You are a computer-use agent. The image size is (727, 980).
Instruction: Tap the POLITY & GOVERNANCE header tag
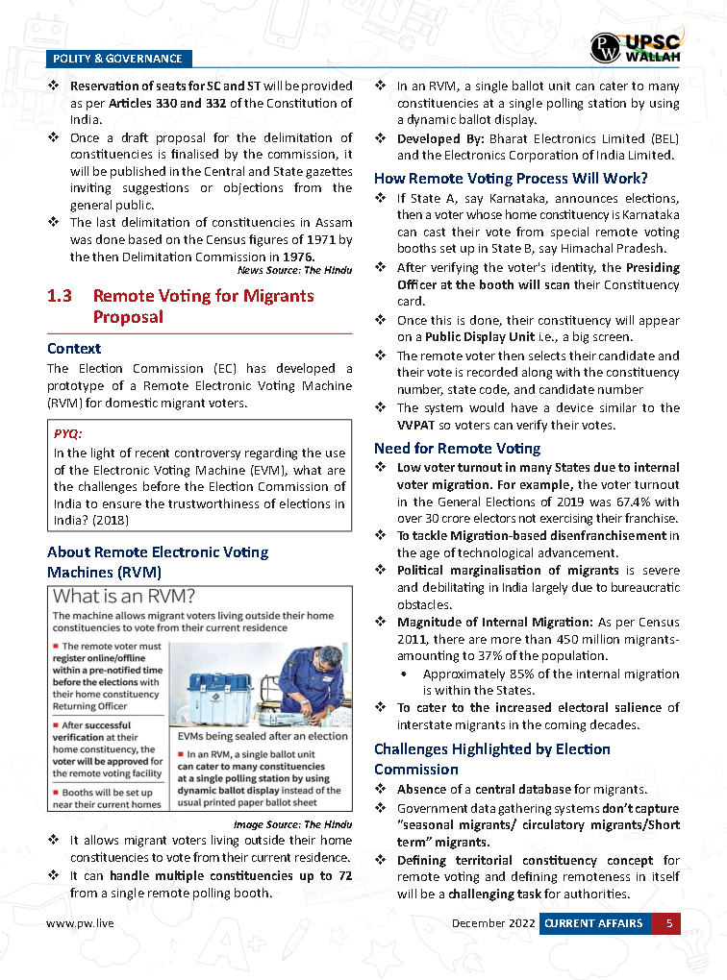click(116, 59)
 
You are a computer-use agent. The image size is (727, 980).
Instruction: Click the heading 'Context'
click(74, 348)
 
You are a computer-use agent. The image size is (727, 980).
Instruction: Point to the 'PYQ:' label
click(67, 433)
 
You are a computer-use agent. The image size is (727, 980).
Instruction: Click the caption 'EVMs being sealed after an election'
click(263, 735)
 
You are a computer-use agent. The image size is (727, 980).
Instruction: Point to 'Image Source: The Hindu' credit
click(292, 824)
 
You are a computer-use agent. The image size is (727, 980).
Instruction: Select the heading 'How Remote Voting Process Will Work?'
click(510, 178)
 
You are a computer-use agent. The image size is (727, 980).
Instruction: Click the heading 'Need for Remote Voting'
click(457, 448)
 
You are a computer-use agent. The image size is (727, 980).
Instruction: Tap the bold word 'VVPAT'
click(417, 425)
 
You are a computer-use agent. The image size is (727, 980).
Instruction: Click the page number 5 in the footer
click(666, 924)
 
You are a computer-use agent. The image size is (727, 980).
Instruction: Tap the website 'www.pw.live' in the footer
click(80, 924)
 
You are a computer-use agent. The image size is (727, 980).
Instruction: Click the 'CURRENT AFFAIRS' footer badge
click(592, 924)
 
